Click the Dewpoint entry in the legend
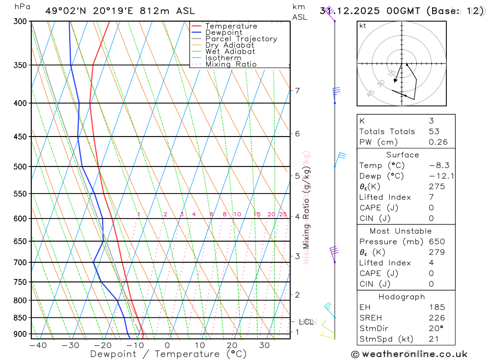223,32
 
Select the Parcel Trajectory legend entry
241,39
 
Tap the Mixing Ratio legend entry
231,64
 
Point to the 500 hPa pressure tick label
20,166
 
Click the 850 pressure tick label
20,318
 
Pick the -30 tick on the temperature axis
70,345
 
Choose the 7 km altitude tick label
297,90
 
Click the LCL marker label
306,322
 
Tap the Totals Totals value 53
434,132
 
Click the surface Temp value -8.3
439,166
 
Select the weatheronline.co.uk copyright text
409,354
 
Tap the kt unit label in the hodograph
362,26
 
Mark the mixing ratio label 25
283,214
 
